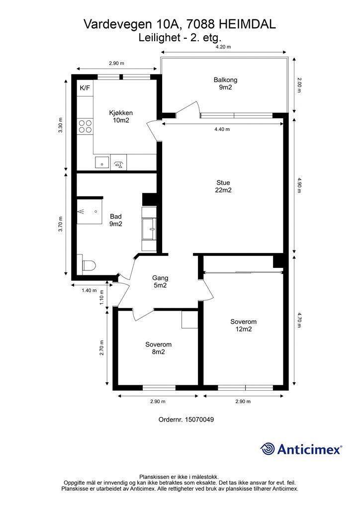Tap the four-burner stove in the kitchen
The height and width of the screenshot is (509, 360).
coord(85,126)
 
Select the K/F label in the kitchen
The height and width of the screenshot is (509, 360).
coord(85,87)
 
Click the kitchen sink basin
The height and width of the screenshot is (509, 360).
coord(102,163)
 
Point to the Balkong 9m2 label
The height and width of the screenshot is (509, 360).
coord(225,84)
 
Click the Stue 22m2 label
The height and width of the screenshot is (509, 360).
coord(223,186)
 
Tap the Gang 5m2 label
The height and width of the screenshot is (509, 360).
coord(161,281)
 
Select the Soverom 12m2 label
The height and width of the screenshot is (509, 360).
coord(244,325)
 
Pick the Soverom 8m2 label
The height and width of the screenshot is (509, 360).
coord(159,348)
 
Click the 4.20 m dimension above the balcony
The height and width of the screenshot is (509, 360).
coord(223,47)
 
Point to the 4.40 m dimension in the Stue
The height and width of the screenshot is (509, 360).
coord(222,129)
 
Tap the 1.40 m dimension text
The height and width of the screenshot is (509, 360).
coord(90,290)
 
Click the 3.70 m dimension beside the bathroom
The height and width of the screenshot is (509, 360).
coord(60,224)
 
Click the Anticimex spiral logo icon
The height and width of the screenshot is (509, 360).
coord(268,449)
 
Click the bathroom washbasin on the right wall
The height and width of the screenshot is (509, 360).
coord(149,229)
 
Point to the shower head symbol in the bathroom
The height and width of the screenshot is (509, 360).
coord(81,211)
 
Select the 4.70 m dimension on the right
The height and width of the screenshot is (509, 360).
coord(299,320)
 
